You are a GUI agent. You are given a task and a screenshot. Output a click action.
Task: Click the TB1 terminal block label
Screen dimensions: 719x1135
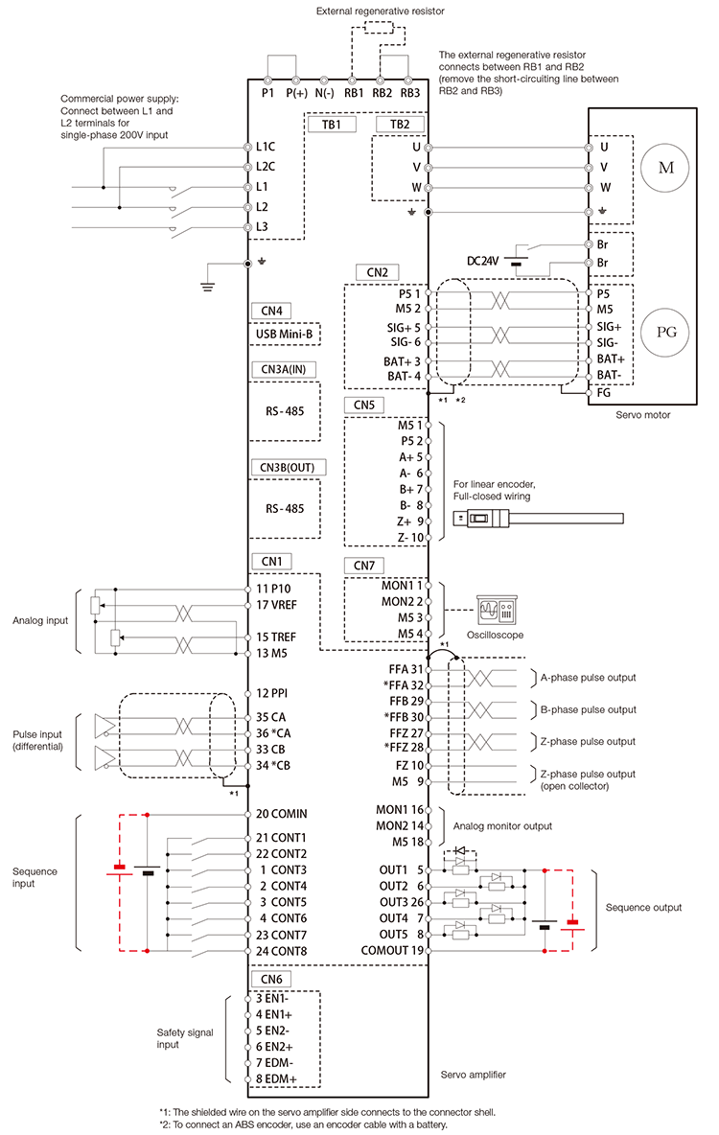tap(331, 125)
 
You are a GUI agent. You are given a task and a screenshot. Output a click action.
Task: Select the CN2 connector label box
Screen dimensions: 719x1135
tap(378, 272)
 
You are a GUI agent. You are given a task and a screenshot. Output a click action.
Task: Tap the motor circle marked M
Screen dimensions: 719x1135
tap(665, 168)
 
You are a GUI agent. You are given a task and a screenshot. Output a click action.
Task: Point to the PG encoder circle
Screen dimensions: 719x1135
tap(665, 333)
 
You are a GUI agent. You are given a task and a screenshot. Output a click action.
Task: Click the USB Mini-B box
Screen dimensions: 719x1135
tap(285, 335)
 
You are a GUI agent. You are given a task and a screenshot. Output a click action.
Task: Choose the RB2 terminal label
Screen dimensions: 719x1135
tap(382, 93)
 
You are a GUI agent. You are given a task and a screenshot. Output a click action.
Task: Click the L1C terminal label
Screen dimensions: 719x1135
tap(265, 147)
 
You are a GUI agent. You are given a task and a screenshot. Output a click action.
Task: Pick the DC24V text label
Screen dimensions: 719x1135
tap(482, 261)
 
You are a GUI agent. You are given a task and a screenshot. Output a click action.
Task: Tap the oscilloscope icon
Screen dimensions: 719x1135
tap(496, 611)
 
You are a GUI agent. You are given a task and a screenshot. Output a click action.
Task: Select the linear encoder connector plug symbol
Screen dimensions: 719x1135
tap(481, 518)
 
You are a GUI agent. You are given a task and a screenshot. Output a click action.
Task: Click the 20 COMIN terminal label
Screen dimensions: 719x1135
tap(281, 814)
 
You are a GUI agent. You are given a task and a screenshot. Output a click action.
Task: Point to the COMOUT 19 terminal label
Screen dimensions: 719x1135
tap(392, 950)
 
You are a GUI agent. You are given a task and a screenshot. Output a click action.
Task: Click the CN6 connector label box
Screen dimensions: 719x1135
tap(270, 980)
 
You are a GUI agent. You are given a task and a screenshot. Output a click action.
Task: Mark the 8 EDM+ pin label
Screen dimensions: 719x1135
tap(276, 1078)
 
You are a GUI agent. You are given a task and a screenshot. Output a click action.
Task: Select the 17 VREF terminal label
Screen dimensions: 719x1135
tap(276, 605)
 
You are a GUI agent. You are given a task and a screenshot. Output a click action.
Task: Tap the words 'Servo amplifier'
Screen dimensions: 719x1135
tap(473, 1075)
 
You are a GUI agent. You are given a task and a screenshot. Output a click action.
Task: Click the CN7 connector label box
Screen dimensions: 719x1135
tap(364, 566)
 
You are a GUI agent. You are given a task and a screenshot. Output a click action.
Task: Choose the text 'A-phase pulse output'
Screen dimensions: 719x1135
tap(588, 678)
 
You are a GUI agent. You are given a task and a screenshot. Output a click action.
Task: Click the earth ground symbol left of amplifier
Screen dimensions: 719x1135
tap(208, 285)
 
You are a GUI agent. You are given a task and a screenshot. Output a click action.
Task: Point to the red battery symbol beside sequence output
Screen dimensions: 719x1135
tap(572, 924)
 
